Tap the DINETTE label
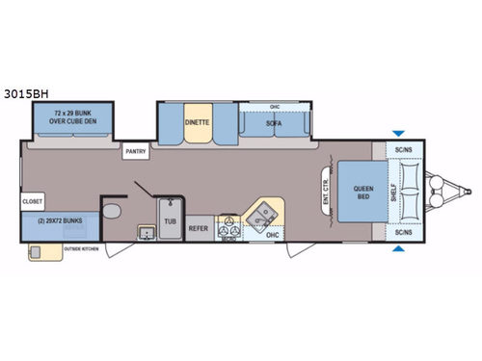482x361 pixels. pos(198,123)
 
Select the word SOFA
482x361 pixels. pos(275,123)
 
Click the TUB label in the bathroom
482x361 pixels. pos(170,220)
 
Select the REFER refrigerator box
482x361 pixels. pos(199,229)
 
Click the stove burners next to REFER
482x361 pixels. pos(228,228)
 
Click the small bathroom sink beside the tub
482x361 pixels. pos(147,231)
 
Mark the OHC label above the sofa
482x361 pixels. pos(274,107)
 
